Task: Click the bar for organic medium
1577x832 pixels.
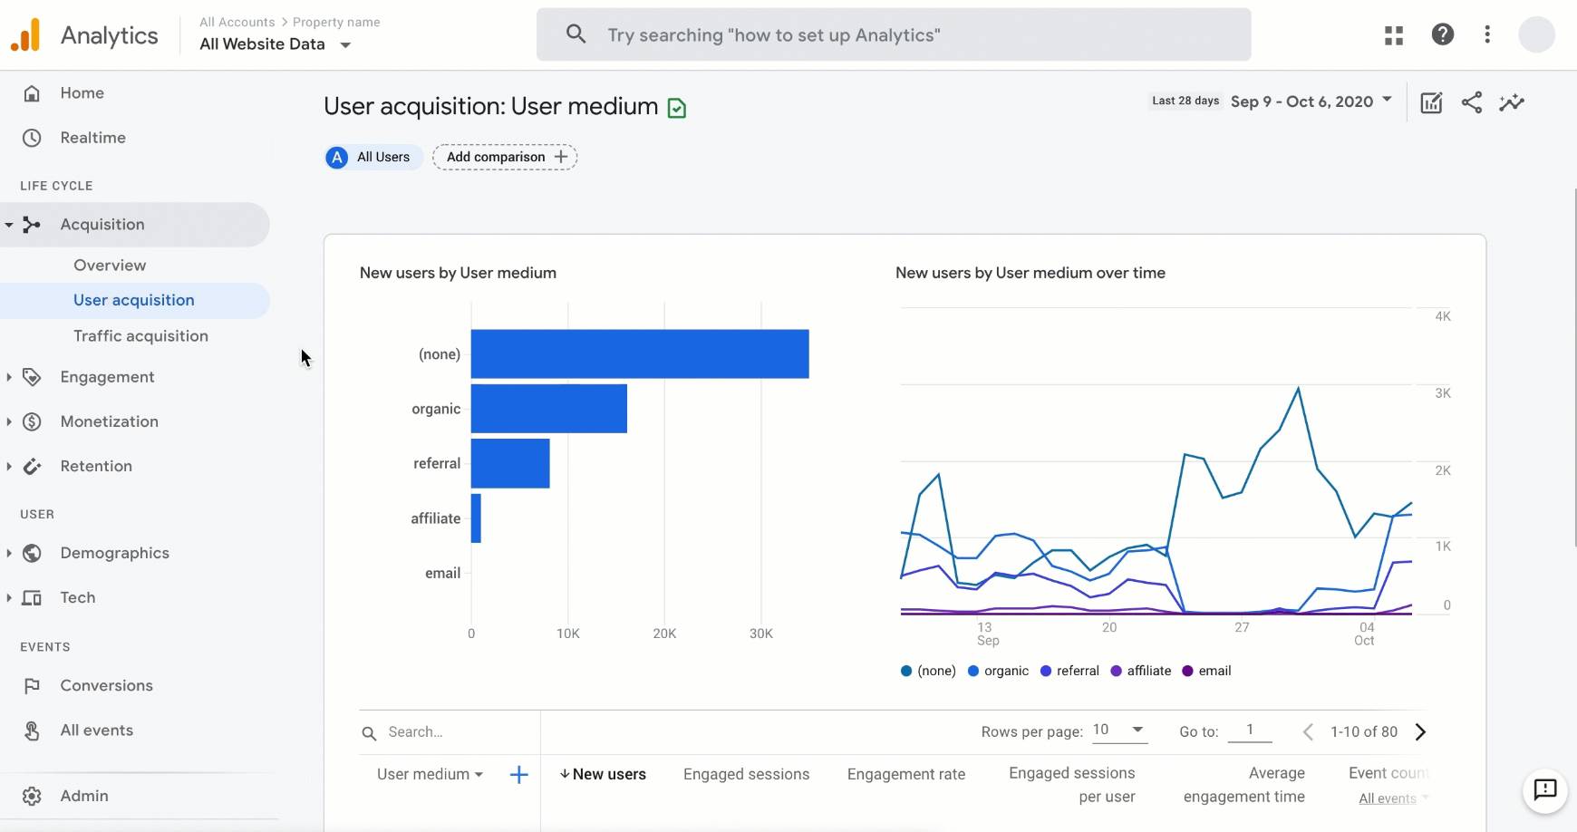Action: (548, 409)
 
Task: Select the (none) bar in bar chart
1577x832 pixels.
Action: (639, 354)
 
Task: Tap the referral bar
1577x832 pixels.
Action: (509, 463)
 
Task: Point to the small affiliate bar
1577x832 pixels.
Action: (476, 518)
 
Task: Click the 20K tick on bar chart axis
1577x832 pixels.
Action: (664, 634)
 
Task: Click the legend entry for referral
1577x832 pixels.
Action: (1069, 671)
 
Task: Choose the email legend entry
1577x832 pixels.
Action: (1206, 671)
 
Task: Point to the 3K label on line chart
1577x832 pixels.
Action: (1443, 393)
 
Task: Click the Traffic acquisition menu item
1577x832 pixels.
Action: (140, 336)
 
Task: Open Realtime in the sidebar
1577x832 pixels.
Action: (92, 138)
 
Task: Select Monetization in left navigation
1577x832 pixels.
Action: (109, 421)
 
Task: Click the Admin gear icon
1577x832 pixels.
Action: (32, 796)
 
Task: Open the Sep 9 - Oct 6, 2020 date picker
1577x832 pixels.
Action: (1311, 102)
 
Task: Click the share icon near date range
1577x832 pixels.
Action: (1472, 102)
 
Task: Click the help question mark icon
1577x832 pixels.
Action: (1442, 34)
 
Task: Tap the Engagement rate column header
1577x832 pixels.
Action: (905, 774)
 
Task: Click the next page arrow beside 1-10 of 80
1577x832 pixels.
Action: (1420, 732)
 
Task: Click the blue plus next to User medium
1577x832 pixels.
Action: (518, 774)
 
